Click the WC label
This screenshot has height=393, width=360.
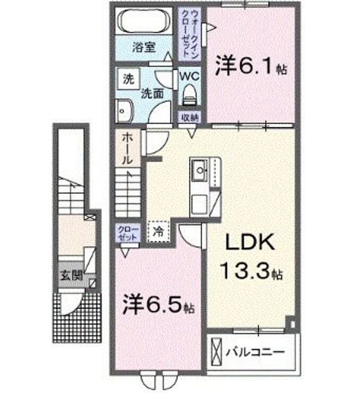190,75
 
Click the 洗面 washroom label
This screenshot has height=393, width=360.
152,93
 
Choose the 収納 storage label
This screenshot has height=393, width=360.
190,117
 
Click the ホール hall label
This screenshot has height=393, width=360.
127,149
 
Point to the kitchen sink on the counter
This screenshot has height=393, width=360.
200,170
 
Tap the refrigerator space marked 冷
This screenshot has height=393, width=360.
159,231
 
